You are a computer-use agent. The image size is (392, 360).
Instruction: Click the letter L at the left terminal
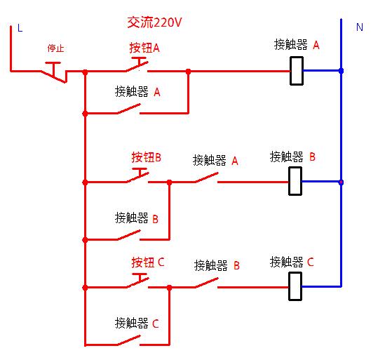[20, 28]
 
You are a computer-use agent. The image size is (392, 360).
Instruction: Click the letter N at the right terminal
[360, 27]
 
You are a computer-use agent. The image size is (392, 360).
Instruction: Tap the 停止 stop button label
[56, 48]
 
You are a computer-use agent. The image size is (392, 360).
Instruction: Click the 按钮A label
[144, 48]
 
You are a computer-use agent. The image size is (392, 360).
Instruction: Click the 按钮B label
[147, 157]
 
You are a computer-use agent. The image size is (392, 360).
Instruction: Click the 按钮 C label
[147, 262]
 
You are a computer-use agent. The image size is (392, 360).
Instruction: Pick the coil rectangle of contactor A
[297, 71]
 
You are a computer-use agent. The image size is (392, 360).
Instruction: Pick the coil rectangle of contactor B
[296, 181]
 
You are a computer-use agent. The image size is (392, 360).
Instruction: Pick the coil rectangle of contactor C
[296, 286]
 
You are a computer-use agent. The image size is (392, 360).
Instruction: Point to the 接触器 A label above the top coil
[297, 45]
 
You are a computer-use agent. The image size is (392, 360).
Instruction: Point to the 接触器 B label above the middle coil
[293, 156]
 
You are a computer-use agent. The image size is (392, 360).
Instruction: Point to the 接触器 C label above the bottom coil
[292, 262]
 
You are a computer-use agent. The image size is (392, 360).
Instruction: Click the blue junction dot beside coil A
[341, 71]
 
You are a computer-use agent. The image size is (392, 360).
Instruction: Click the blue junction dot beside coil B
[341, 182]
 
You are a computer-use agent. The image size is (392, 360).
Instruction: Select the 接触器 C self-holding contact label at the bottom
[137, 324]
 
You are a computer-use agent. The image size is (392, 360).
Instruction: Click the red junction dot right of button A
[188, 71]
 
